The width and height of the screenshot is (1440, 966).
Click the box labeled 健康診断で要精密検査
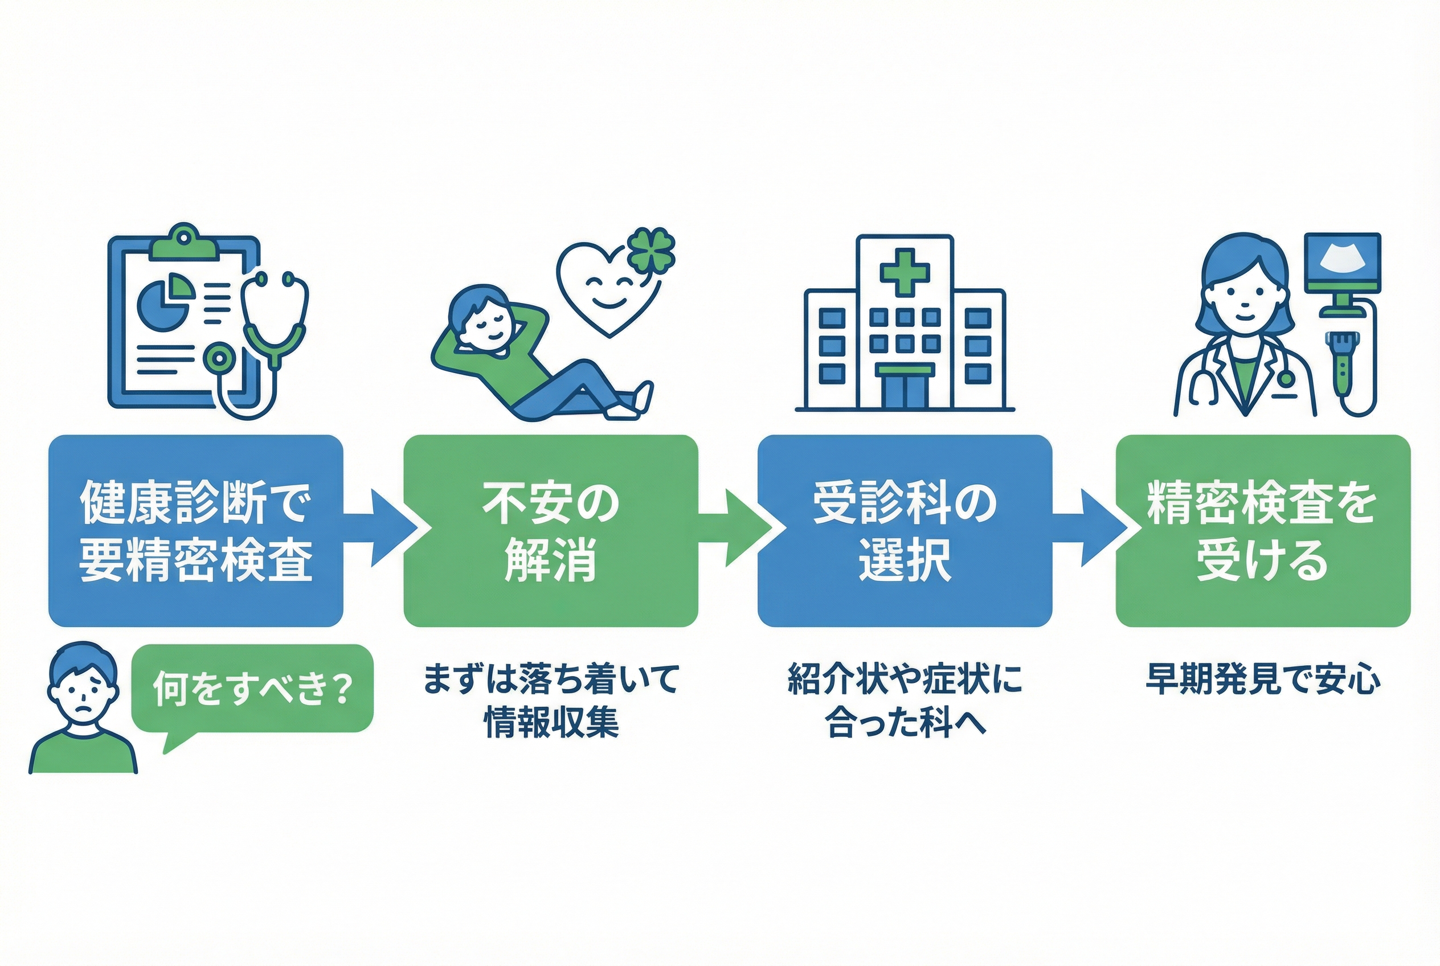196,530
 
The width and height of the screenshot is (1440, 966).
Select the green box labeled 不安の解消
550,530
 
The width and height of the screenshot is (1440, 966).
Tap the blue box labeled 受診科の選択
905,530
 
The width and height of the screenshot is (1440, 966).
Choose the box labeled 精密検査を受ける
1263,530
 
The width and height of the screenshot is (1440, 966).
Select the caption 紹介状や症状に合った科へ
905,701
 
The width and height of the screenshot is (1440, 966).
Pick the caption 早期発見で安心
1263,679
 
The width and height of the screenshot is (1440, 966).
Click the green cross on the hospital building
905,272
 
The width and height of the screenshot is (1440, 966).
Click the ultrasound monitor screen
1343,264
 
